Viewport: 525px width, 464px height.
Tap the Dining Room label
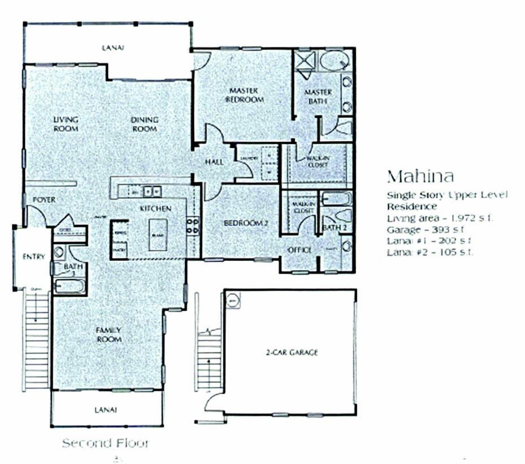tap(145, 124)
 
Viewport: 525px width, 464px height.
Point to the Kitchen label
tap(155, 208)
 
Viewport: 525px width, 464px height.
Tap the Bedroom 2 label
tap(246, 223)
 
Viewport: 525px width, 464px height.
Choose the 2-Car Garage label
tap(292, 352)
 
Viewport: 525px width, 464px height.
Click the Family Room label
tap(109, 335)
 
